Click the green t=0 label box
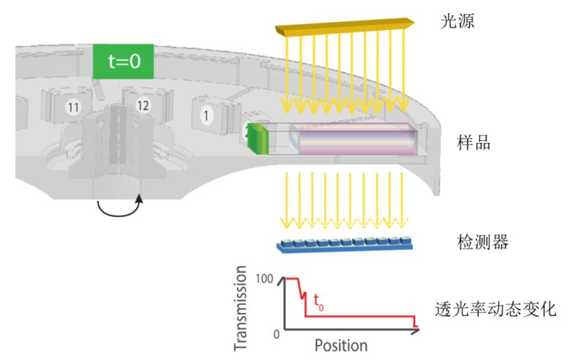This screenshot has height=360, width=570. coord(123,61)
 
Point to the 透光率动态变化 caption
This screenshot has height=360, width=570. coord(495,309)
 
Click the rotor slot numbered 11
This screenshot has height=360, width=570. coord(72,108)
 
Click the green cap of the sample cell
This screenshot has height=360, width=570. coord(256,139)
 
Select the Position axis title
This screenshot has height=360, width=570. coord(341,345)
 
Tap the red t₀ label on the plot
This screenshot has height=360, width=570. coord(318,300)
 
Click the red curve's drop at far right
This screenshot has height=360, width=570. coord(415,322)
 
